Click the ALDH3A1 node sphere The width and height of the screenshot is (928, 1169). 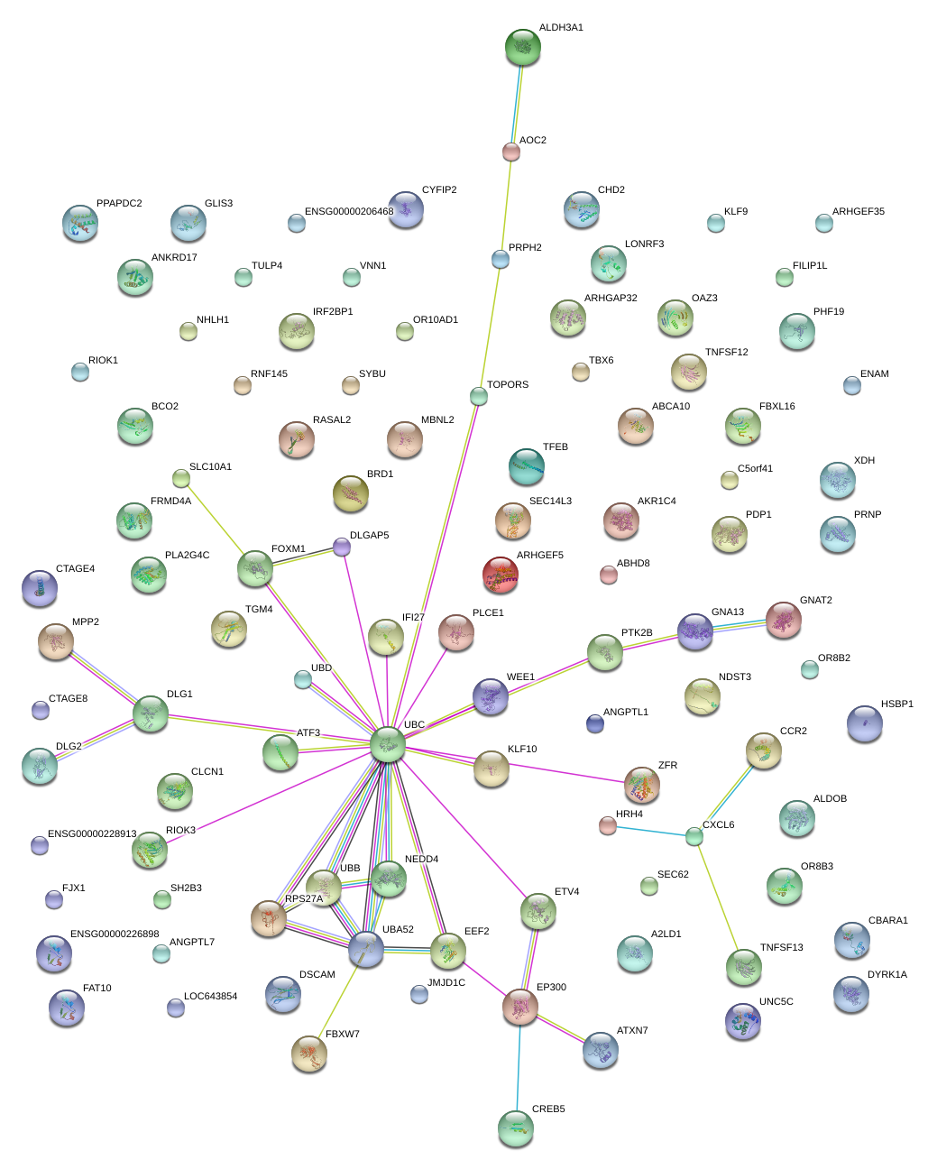pyautogui.click(x=523, y=48)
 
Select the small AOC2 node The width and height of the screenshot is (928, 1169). pyautogui.click(x=511, y=152)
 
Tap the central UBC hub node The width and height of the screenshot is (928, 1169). pyautogui.click(x=388, y=744)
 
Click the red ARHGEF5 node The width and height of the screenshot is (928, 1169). pyautogui.click(x=501, y=575)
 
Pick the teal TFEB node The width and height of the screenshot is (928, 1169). pyautogui.click(x=527, y=466)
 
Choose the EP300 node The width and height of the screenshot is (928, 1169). pyautogui.click(x=520, y=1007)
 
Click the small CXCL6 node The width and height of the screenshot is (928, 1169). pyautogui.click(x=694, y=837)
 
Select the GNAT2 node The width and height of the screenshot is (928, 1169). pyautogui.click(x=784, y=620)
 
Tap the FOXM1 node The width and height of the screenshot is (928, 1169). pyautogui.click(x=255, y=568)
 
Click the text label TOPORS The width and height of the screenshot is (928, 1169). pyautogui.click(x=508, y=385)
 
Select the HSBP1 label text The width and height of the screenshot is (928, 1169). pyautogui.click(x=897, y=704)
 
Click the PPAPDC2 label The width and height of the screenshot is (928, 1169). pyautogui.click(x=119, y=204)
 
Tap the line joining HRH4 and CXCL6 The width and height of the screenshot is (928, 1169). pyautogui.click(x=651, y=831)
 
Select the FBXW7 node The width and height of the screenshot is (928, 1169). pyautogui.click(x=309, y=1053)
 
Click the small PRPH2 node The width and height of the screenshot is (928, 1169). pyautogui.click(x=501, y=260)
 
